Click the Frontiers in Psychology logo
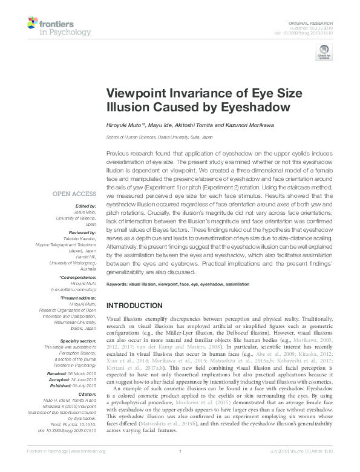click(59, 26)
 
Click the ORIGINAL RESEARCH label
click(315, 21)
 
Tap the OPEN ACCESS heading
click(74, 194)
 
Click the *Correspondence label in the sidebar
click(79, 278)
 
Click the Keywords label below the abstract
click(119, 283)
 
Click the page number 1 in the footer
click(180, 467)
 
